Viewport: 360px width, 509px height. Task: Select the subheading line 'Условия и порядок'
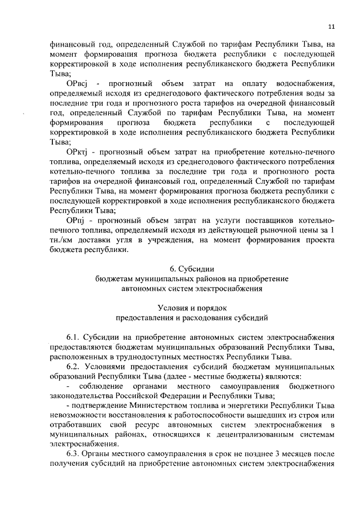[192, 308]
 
